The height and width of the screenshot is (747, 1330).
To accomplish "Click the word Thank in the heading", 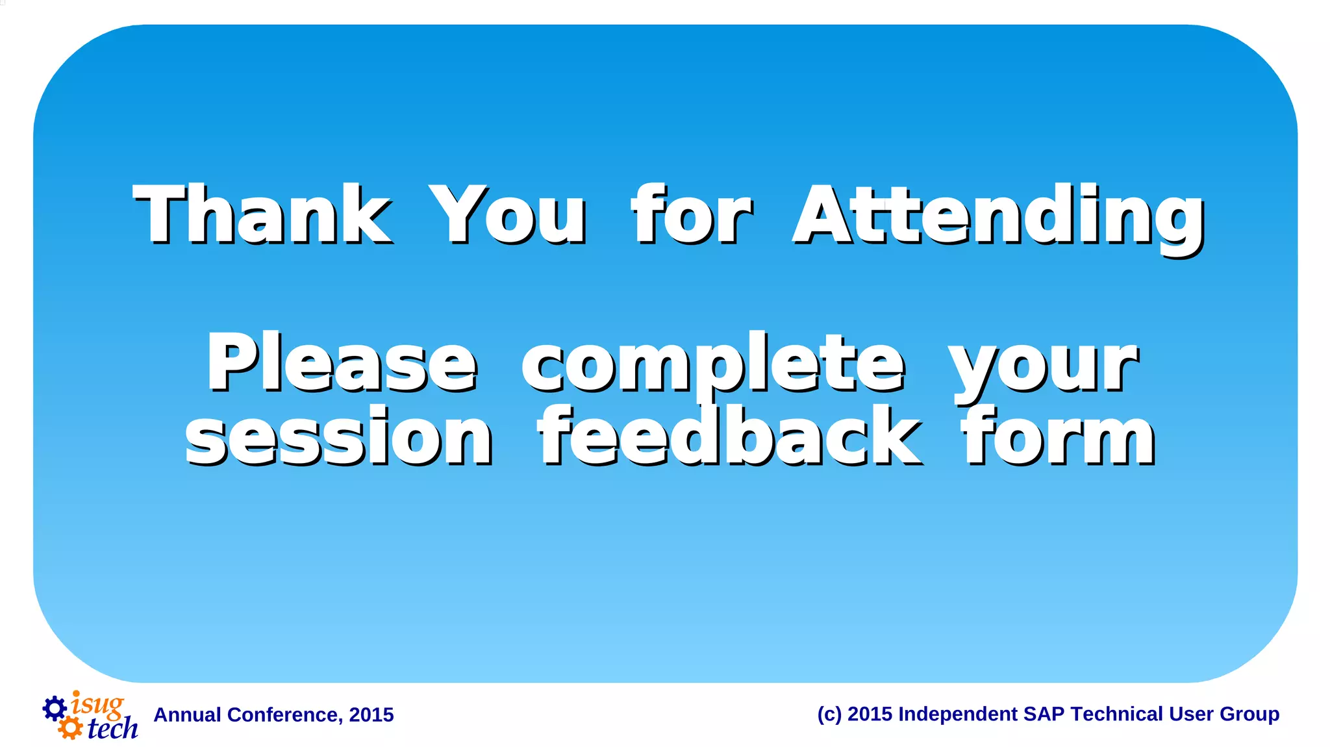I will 262,214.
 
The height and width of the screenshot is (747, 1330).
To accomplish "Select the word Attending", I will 998,218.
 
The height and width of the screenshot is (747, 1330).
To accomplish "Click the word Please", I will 342,362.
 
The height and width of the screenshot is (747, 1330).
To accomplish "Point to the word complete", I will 712,364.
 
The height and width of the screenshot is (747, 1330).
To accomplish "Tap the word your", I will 1042,367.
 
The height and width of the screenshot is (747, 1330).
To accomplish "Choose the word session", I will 339,437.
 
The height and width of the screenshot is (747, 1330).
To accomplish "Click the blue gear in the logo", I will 55,708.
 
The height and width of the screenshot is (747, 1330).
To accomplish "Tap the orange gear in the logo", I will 70,728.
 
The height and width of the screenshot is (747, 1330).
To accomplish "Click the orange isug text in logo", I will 97,704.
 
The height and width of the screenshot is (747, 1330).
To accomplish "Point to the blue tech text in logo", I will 112,728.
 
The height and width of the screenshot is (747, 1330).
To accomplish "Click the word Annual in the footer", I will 187,715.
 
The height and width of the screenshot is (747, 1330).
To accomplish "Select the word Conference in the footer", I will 282,715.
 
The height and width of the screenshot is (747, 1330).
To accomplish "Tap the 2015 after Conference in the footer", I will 371,715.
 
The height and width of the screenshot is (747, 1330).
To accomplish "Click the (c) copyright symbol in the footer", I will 829,714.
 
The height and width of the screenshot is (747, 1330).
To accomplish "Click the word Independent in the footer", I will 957,714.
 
